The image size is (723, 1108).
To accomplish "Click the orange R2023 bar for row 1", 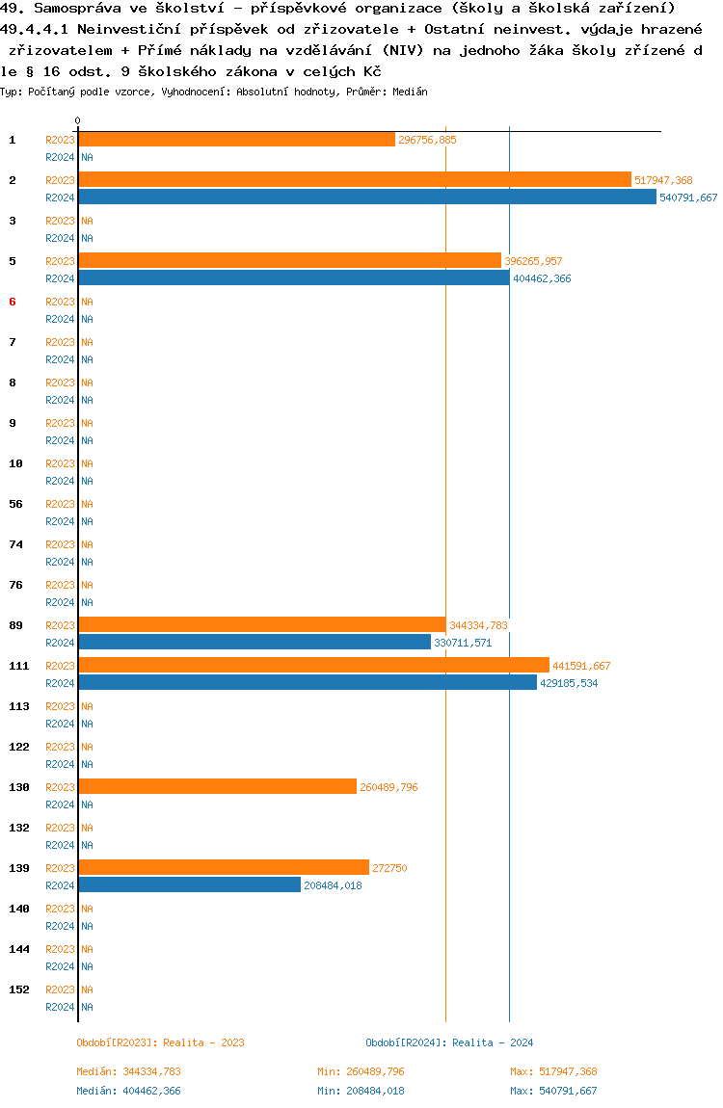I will point(236,140).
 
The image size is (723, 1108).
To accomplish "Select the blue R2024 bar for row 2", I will point(367,198).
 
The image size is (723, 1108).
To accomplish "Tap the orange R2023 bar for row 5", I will point(289,261).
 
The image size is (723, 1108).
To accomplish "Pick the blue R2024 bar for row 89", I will point(254,643).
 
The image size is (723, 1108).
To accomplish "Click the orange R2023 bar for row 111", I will point(313,666).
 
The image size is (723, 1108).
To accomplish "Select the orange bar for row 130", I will point(217,787).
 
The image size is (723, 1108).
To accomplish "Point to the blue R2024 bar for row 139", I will point(190,885).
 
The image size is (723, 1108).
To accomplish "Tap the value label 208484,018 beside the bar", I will point(333,885).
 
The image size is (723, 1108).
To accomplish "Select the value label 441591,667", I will point(581,666).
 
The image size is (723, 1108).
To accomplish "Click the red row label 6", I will point(13,302).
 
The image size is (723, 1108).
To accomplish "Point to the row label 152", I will point(18,989).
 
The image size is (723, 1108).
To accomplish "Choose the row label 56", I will point(15,504).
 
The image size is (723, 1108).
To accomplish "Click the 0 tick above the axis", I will point(78,120).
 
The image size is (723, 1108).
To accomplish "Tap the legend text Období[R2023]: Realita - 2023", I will point(160,1042).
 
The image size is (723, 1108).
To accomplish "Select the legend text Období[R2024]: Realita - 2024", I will point(449,1042).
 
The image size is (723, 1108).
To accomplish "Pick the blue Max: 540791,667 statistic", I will point(553,1091).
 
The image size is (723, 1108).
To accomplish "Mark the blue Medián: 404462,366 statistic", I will point(128,1091).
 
